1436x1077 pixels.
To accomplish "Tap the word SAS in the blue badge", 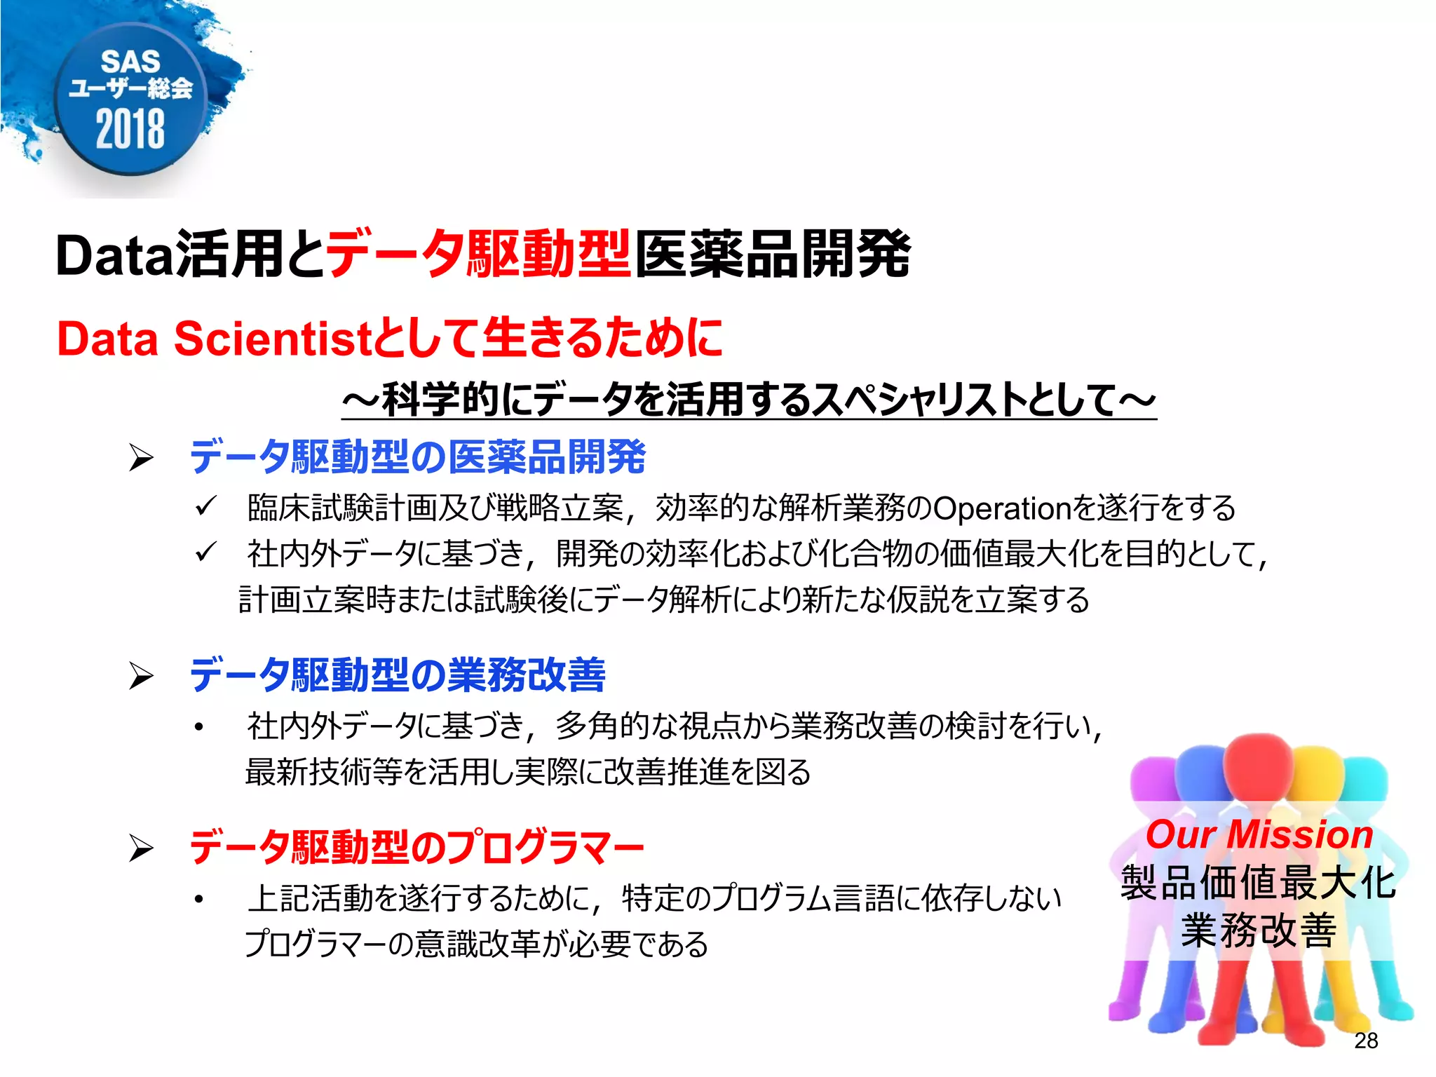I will click(x=130, y=62).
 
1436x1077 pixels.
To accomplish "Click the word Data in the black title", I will click(x=114, y=256).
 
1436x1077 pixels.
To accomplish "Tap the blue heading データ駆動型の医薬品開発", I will click(x=417, y=457).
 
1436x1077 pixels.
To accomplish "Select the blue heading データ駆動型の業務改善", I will click(x=398, y=675).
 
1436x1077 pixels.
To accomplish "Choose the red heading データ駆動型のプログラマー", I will click(x=416, y=847).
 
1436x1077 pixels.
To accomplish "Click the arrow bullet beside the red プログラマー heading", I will click(x=141, y=848).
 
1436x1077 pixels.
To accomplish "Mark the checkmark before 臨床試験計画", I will click(x=205, y=506).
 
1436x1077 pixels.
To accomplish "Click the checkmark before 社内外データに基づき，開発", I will click(x=205, y=553).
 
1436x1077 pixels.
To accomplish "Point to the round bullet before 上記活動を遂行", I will click(x=200, y=899).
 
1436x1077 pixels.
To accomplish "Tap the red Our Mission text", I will click(x=1259, y=835).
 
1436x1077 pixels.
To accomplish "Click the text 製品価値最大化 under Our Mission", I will click(x=1259, y=882).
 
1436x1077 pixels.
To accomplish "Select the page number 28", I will click(x=1366, y=1041).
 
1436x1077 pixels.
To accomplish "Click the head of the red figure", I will click(x=1259, y=761).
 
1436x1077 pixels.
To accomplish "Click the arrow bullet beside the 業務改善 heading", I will click(x=141, y=676).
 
